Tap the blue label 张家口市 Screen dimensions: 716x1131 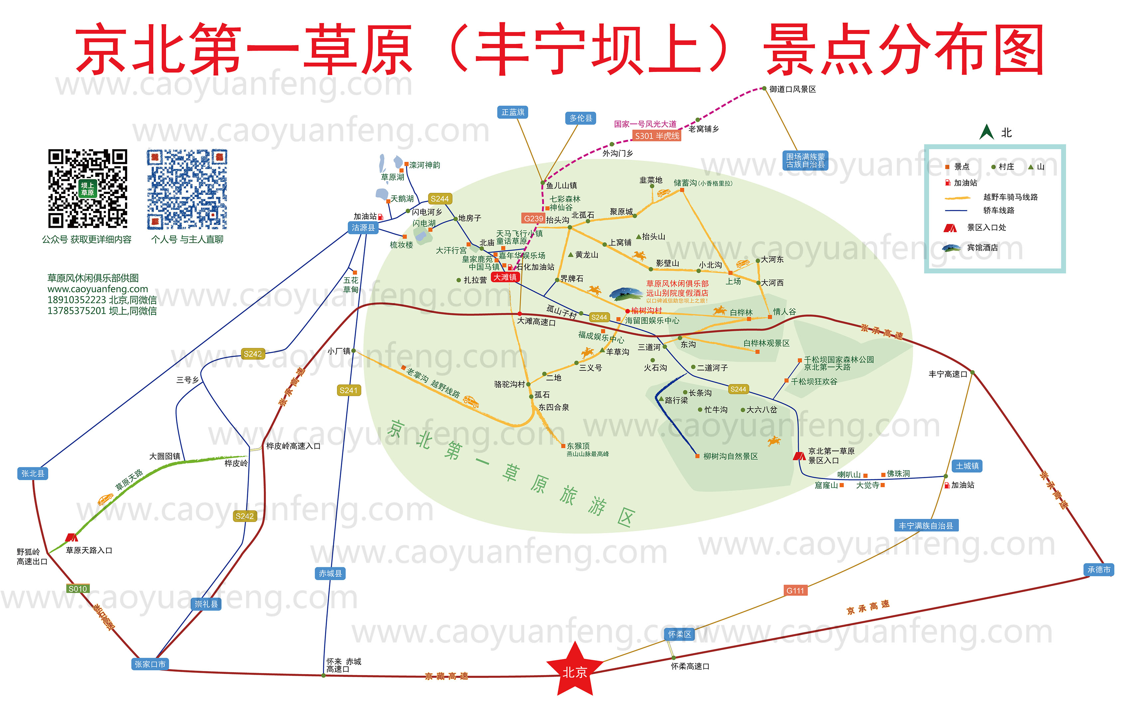point(150,664)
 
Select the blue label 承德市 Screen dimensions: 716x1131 point(1099,569)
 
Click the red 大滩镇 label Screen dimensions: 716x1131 point(505,277)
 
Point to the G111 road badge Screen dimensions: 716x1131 point(795,590)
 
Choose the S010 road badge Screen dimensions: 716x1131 point(78,588)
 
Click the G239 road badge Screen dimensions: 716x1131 point(533,218)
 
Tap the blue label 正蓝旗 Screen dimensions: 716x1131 point(513,112)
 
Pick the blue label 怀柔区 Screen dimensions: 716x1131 point(680,634)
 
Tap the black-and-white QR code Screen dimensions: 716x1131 point(87,188)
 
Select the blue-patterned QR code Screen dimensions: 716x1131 point(187,189)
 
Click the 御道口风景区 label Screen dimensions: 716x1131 point(792,89)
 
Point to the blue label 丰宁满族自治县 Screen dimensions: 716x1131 point(926,526)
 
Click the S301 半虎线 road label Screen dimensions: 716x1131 point(657,136)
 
